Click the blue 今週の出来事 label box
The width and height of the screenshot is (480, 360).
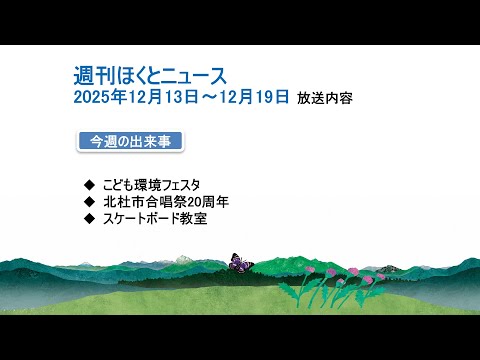130,141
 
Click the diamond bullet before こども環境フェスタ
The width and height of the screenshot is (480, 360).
90,184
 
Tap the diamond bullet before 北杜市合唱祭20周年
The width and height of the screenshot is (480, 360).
90,201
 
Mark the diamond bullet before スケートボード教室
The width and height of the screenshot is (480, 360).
90,218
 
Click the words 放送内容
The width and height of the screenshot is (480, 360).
325,98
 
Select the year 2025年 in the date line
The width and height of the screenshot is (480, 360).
98,97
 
